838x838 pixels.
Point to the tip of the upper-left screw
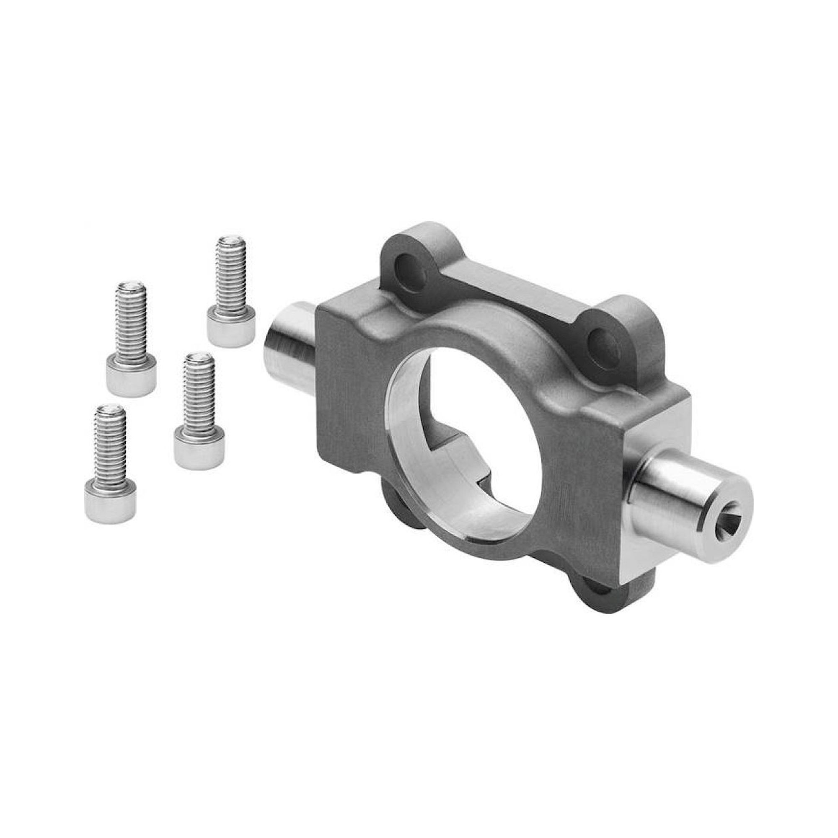(132, 286)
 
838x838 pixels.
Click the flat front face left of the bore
(347, 391)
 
